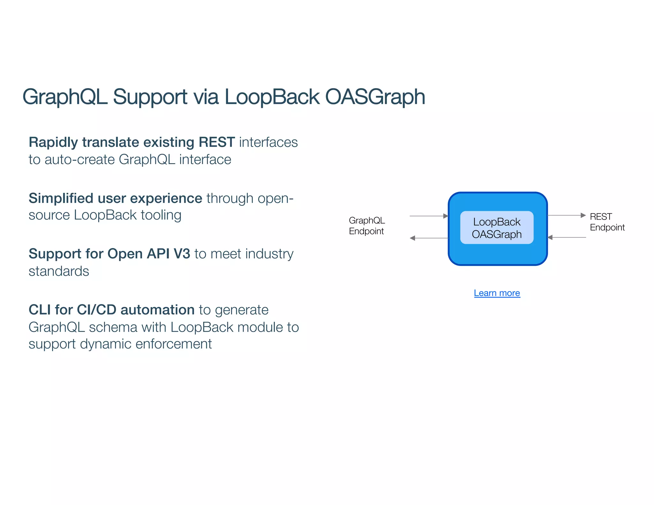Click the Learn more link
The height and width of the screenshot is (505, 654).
pos(497,293)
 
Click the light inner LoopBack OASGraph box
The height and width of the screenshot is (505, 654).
pos(497,228)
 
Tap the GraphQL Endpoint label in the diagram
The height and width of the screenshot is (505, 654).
pos(367,226)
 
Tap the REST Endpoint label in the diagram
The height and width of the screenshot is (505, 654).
pos(607,222)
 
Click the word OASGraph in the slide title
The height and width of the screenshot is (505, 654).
pos(375,97)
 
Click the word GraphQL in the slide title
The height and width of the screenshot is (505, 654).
pos(65,97)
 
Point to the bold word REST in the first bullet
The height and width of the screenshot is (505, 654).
pos(217,142)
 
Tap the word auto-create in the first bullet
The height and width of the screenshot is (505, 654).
pos(80,160)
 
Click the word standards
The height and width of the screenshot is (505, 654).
pos(59,271)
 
